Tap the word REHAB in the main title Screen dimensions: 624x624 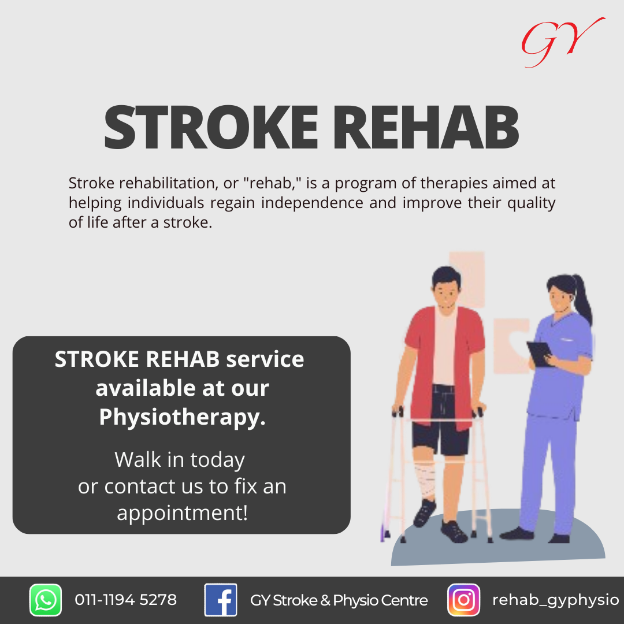pyautogui.click(x=425, y=127)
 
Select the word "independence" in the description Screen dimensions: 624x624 pyautogui.click(x=312, y=203)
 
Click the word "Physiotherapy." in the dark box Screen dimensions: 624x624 pyautogui.click(x=182, y=418)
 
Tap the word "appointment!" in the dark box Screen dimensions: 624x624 pyautogui.click(x=182, y=513)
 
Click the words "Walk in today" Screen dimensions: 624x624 pyautogui.click(x=180, y=460)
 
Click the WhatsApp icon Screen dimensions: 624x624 pyautogui.click(x=46, y=600)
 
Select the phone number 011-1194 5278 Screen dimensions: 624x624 pyautogui.click(x=126, y=600)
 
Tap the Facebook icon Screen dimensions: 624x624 pyautogui.click(x=221, y=600)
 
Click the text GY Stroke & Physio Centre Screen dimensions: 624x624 pyautogui.click(x=339, y=600)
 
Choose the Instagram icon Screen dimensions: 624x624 pyautogui.click(x=463, y=600)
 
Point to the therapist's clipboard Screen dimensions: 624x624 pyautogui.click(x=540, y=354)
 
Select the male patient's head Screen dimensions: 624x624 pyautogui.click(x=447, y=287)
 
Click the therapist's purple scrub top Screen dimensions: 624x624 pyautogui.click(x=559, y=366)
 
